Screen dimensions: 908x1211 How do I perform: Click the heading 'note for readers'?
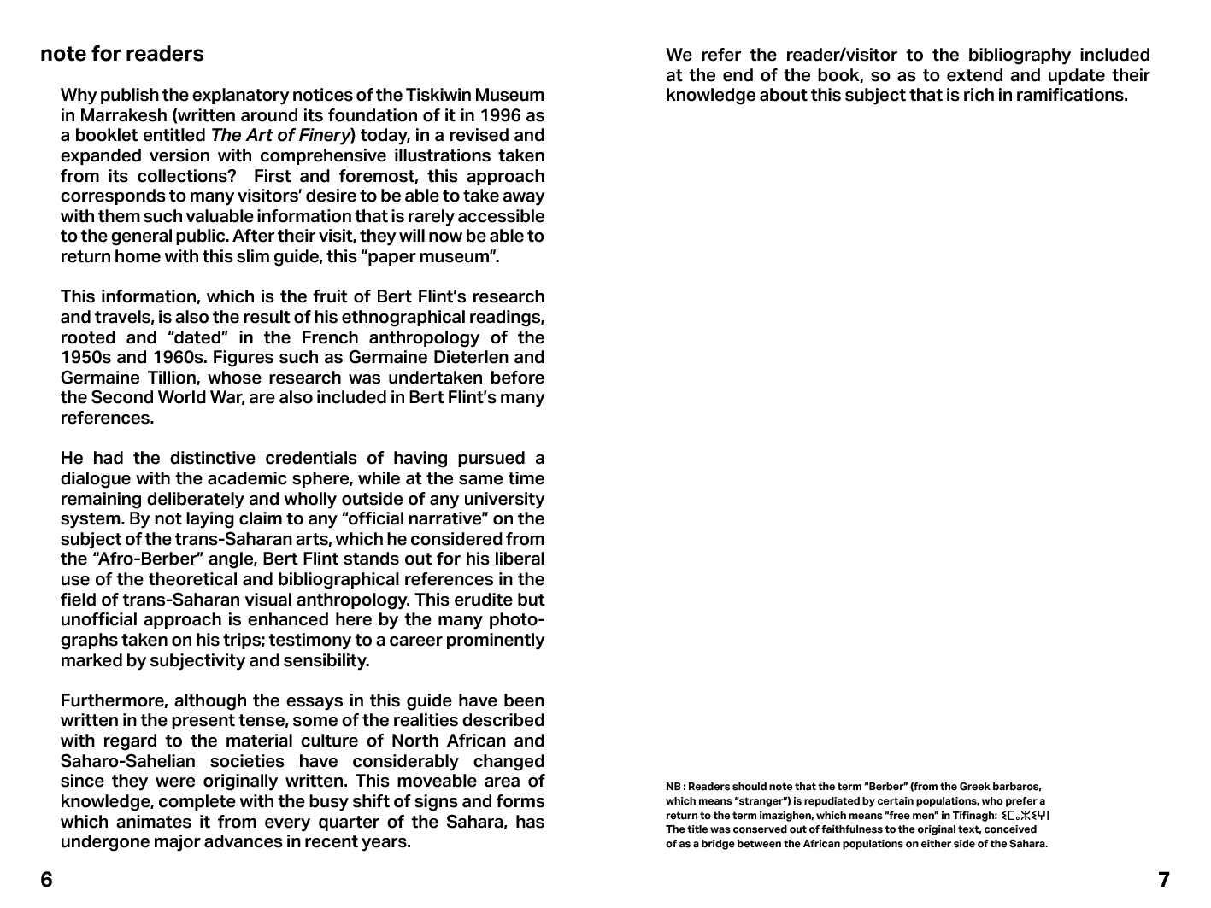(x=122, y=54)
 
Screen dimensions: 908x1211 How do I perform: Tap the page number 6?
(x=47, y=880)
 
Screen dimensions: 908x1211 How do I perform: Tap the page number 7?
(x=1163, y=880)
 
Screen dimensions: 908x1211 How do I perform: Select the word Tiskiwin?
(x=440, y=95)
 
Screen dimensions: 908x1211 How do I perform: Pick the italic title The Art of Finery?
(x=281, y=136)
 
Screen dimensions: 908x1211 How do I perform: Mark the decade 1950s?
(x=87, y=358)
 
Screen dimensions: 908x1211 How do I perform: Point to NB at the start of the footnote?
(x=673, y=787)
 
